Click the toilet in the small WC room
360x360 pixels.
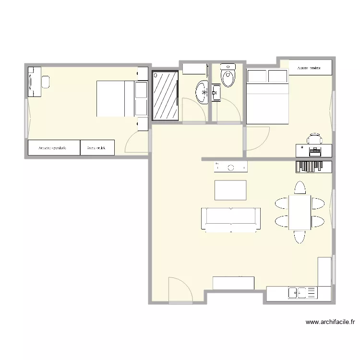pyautogui.click(x=228, y=76)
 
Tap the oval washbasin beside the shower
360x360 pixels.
pyautogui.click(x=202, y=91)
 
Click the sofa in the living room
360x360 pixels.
pyautogui.click(x=231, y=219)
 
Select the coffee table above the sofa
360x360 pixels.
pyautogui.click(x=230, y=190)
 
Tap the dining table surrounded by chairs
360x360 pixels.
pyautogui.click(x=300, y=212)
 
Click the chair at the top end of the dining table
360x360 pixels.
pyautogui.click(x=300, y=187)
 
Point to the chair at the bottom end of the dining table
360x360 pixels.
pyautogui.click(x=300, y=237)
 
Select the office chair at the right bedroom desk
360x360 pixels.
pyautogui.click(x=314, y=139)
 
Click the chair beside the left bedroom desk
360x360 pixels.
pyautogui.click(x=46, y=82)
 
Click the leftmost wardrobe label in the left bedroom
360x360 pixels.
pyautogui.click(x=53, y=148)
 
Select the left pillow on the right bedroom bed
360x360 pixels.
pyautogui.click(x=257, y=76)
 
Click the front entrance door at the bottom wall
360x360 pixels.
pyautogui.click(x=180, y=290)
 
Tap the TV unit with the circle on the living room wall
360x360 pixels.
pyautogui.click(x=231, y=167)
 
